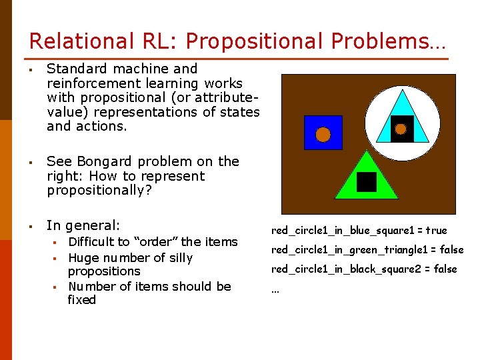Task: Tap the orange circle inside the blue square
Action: [x=323, y=135]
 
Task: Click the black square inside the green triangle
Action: [x=366, y=181]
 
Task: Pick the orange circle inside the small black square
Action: [x=401, y=129]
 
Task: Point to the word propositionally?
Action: [x=98, y=191]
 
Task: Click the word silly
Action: [x=180, y=257]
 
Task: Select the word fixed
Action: [x=81, y=300]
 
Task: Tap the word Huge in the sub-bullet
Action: [x=83, y=257]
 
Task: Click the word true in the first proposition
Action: [x=436, y=231]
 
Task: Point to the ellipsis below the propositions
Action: [x=275, y=289]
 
